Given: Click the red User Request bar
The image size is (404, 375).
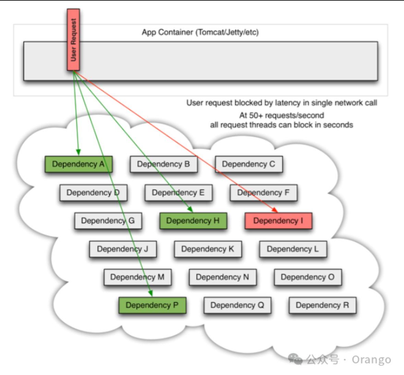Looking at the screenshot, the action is [73, 40].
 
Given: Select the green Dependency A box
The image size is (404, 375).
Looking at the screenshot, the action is [79, 164].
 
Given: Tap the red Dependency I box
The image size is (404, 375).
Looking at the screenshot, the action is [278, 221].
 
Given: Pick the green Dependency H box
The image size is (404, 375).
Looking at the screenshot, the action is [193, 221].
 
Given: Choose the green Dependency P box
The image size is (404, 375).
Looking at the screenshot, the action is [152, 305].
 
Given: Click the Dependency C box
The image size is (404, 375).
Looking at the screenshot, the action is [249, 164].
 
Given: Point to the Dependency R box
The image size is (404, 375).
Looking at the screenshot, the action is [323, 305].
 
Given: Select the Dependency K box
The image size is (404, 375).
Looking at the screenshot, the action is [208, 249].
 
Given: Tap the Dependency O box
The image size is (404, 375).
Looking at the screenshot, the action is [308, 277].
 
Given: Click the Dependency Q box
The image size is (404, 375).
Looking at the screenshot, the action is [237, 305].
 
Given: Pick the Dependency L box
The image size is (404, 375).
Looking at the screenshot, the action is [293, 249].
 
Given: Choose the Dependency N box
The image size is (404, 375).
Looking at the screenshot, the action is [223, 277].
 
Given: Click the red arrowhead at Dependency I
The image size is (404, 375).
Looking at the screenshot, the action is [275, 210].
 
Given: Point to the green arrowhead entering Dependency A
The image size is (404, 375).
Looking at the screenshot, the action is [78, 152].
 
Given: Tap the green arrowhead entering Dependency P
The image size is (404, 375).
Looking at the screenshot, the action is [151, 293].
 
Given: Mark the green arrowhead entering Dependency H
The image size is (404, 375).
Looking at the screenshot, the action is [190, 209].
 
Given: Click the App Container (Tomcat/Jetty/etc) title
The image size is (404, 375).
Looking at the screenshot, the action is [200, 33].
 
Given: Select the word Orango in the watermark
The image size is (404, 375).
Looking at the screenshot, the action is [371, 360].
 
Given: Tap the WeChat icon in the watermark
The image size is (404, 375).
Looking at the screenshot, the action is [295, 359].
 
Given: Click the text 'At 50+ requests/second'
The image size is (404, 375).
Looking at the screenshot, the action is [282, 115].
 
